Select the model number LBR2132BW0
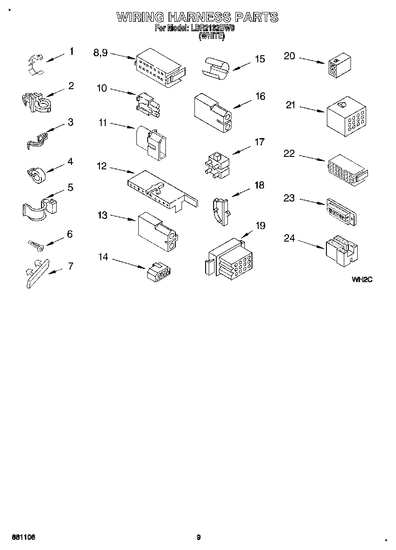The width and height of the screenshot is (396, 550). point(213,28)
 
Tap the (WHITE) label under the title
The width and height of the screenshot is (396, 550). point(211,37)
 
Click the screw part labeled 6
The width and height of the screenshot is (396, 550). point(35,244)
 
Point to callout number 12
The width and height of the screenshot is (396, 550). point(102,166)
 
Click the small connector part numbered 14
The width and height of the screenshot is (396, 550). point(160,272)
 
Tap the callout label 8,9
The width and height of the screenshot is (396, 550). point(100,53)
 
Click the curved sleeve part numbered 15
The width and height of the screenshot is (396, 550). point(216,68)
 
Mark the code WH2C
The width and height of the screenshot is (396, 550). point(361,279)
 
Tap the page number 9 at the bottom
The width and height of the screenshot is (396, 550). point(198,538)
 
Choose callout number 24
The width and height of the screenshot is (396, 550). point(289,238)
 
